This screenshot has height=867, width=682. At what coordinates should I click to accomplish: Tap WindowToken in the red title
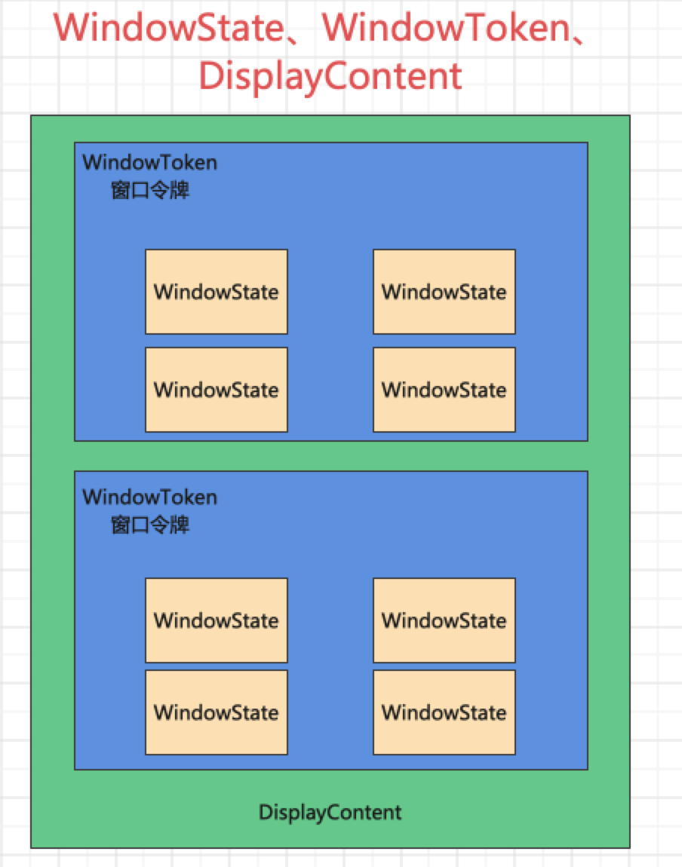pos(448,28)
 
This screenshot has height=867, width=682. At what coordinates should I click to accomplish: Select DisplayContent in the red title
pos(330,75)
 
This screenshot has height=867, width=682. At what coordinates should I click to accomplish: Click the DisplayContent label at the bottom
pos(330,813)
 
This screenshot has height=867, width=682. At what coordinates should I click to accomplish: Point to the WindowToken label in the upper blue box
pos(150,162)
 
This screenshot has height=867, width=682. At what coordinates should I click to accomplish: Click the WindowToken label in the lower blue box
pos(150,497)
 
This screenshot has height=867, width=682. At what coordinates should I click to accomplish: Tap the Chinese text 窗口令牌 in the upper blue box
pos(150,190)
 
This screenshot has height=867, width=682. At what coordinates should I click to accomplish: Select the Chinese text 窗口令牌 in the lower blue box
pos(150,525)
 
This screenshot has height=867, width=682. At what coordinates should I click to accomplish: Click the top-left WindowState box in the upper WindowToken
pos(217,292)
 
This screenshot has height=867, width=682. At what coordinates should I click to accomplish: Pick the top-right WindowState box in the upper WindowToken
pos(444,292)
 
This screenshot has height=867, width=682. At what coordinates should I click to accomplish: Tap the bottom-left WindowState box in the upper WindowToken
pos(217,390)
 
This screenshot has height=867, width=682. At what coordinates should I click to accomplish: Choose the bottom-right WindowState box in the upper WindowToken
pos(444,390)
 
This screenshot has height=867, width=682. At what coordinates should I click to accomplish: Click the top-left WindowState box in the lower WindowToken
pos(217,620)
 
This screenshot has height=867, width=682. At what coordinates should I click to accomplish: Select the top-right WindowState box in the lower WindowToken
pos(444,620)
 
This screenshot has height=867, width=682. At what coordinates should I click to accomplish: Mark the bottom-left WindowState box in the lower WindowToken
pos(217,712)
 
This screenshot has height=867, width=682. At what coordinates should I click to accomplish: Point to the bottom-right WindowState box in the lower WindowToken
pos(444,712)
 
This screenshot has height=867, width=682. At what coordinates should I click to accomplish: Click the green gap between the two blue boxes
pos(330,456)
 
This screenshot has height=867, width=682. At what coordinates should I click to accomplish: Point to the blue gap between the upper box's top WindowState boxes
pos(330,292)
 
